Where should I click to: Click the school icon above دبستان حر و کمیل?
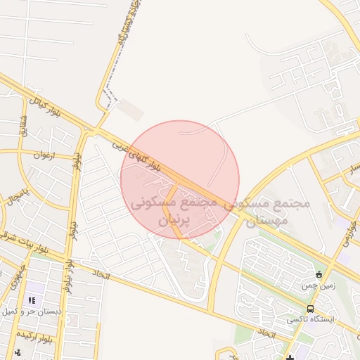coord(31,300)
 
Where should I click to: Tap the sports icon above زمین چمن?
coord(319,274)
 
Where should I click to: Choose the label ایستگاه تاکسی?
coord(311,319)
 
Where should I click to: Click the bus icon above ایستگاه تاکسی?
coord(311,309)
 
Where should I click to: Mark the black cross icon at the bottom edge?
coord(290,357)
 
